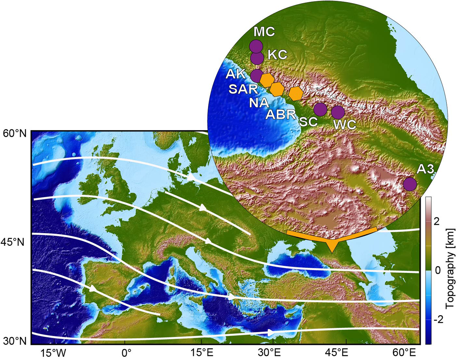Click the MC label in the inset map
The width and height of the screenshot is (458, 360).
pos(264,32)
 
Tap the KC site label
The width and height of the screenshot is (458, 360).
pos(278,54)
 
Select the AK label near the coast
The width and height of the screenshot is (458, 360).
pos(236,74)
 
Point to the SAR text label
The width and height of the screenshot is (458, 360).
pos(243,89)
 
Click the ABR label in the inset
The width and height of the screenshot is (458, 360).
pos(281,115)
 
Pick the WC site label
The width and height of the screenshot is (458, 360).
pos(345,125)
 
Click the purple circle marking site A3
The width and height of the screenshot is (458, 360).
pos(410,184)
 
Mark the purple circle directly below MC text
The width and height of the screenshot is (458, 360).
pos(256,46)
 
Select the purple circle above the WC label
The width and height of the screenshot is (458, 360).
pos(338,112)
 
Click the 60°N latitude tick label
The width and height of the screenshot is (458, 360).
pos(15,133)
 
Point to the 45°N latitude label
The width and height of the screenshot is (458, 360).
pos(15,242)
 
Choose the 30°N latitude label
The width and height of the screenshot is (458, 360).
pos(15,341)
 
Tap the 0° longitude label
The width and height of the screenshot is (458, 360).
pos(127,353)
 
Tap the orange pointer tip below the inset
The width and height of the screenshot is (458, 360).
pos(332,251)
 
